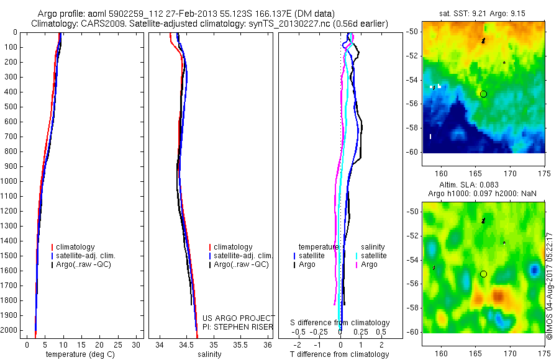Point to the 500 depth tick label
pos(11,107)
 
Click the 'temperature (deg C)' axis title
pos(78,355)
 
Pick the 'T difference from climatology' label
pos(339,355)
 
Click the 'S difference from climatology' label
pos(340,323)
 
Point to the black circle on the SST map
pos(483,94)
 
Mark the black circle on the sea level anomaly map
pos(483,274)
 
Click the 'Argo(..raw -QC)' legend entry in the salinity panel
pos(240,264)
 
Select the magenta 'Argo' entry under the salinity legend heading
pos(369,264)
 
